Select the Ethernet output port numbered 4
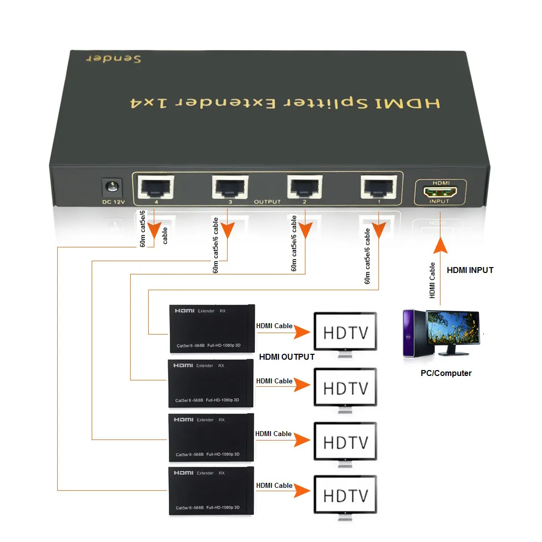click(x=156, y=187)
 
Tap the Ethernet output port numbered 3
click(x=230, y=187)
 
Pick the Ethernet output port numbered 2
click(x=305, y=187)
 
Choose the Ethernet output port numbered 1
click(x=379, y=187)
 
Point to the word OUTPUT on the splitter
click(x=267, y=202)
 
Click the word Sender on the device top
click(x=114, y=59)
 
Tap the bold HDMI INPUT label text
click(x=470, y=270)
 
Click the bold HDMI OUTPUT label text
click(x=286, y=357)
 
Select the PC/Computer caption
click(x=445, y=373)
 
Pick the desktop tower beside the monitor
click(x=413, y=333)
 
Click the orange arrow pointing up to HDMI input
click(x=440, y=245)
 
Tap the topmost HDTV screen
click(x=345, y=333)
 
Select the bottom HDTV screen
click(x=345, y=495)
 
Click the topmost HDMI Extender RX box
click(x=212, y=329)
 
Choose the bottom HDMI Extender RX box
click(x=211, y=491)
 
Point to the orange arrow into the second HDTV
click(x=302, y=385)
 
